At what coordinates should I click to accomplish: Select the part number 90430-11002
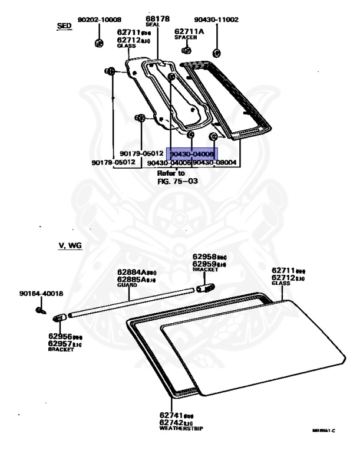(x=215, y=19)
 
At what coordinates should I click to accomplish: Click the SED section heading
(x=64, y=27)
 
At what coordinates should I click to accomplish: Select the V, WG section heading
(x=70, y=245)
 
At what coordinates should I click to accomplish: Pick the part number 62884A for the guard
(x=134, y=272)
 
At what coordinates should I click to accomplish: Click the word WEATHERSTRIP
(x=181, y=429)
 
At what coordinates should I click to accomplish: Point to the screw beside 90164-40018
(x=40, y=310)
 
